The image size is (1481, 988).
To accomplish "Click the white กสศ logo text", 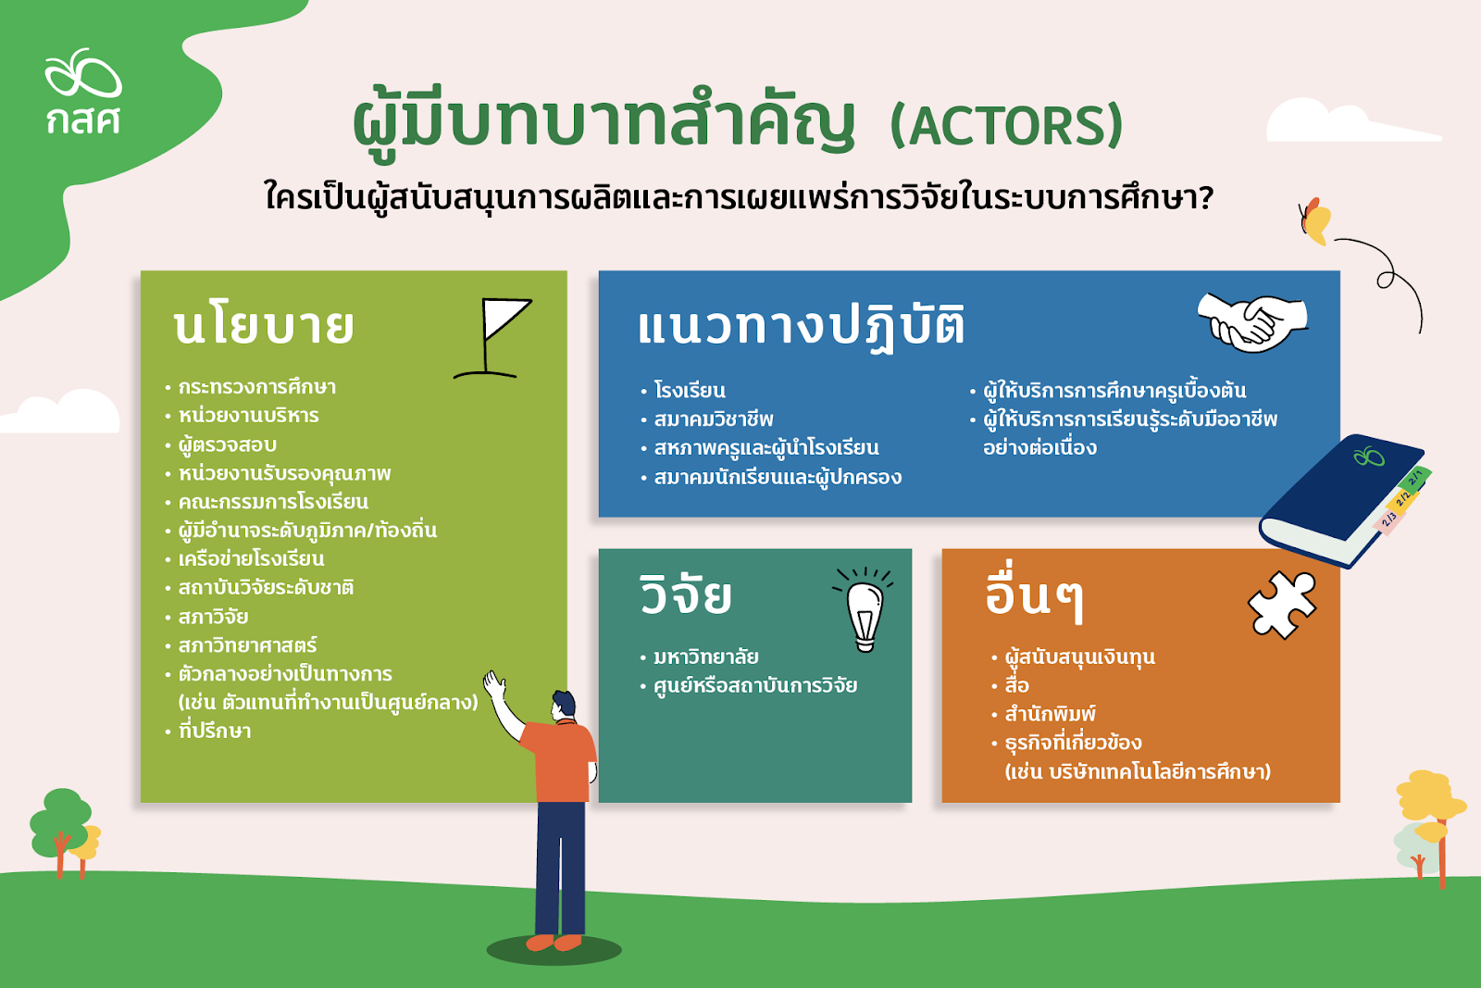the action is coord(83,120).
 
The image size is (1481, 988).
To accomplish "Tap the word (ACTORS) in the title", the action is coord(1006,124).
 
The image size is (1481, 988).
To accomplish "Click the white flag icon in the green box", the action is coord(493,338).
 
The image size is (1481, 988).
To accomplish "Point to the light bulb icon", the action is coord(865,609).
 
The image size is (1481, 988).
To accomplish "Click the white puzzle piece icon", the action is coord(1282,605).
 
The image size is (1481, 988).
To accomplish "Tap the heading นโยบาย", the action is coord(264,327).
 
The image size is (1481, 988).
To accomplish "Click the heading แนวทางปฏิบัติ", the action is coord(801,325).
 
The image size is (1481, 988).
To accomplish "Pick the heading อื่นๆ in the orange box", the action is coord(1034,595).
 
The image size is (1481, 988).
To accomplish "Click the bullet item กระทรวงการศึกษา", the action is coord(257,387).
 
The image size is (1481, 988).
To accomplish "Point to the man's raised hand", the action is coord(494,685).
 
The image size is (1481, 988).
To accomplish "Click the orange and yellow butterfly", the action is coord(1315,221).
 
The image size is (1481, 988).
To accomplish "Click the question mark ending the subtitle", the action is coord(1204,198).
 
